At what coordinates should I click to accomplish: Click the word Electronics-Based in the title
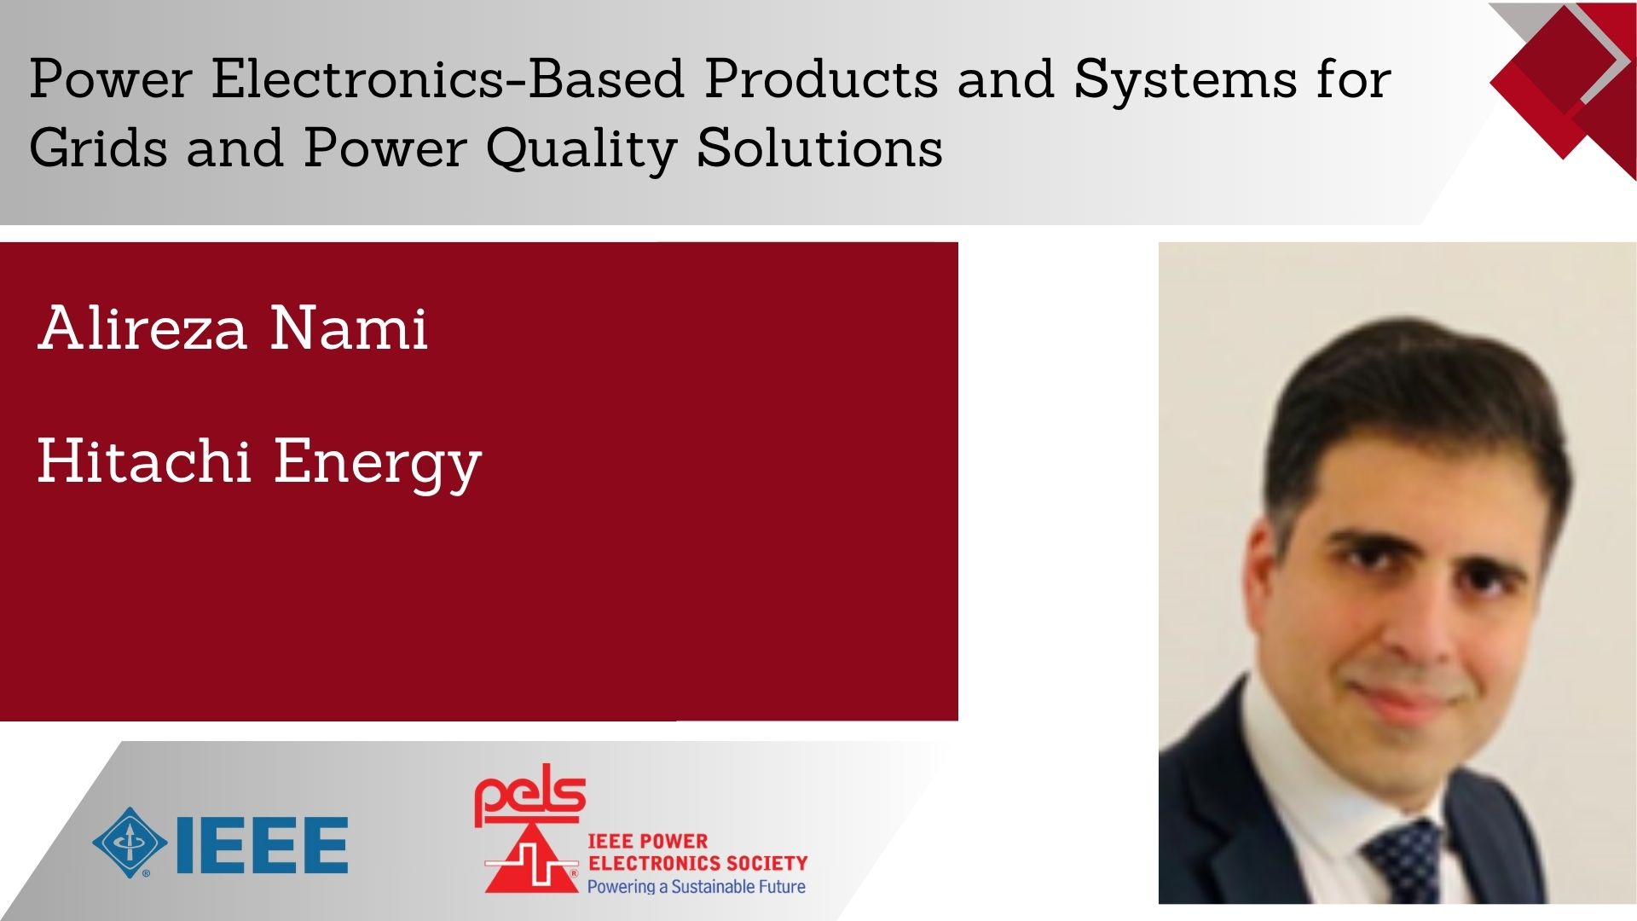(448, 79)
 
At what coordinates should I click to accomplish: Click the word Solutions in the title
(820, 148)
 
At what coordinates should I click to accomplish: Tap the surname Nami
(349, 327)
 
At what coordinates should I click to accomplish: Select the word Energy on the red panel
(378, 466)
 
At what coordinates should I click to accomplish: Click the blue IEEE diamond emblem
(130, 843)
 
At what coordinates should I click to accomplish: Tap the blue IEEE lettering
(262, 844)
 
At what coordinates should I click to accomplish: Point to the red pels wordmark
(530, 796)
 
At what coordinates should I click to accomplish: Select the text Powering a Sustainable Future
(696, 887)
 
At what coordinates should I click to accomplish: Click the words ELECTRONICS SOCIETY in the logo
(697, 863)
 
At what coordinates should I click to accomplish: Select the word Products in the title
(822, 79)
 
